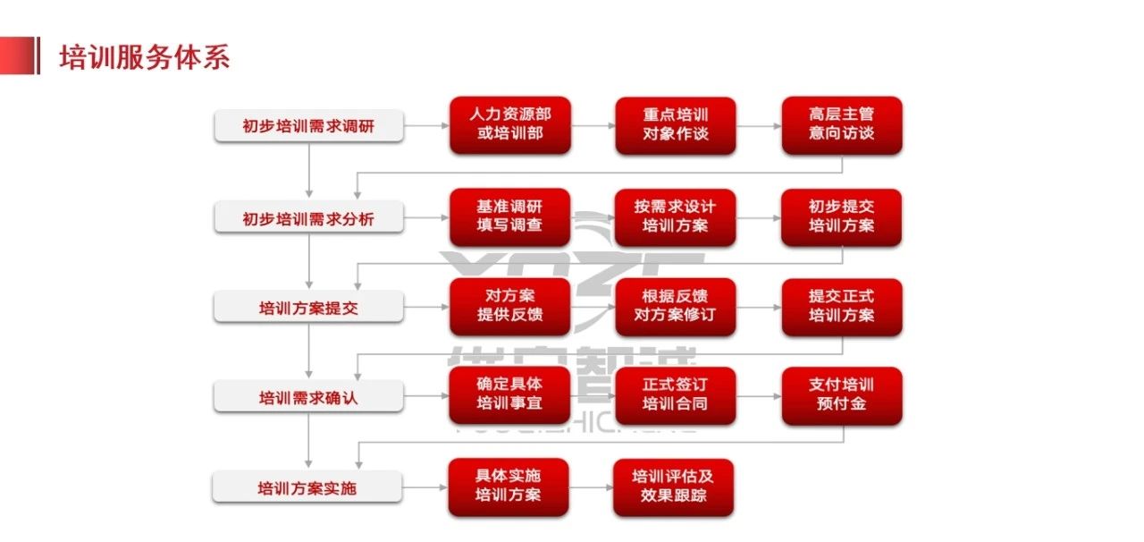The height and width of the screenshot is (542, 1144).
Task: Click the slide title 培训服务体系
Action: [144, 57]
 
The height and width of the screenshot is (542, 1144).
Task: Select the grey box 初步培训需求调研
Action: [308, 126]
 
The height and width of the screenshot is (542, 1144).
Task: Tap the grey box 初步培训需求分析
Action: [308, 218]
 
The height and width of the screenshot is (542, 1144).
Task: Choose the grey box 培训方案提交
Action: [308, 309]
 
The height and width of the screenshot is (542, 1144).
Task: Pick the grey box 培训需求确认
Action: [308, 398]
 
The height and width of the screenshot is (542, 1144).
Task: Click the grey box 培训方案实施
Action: [308, 488]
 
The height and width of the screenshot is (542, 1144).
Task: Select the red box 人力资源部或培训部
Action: [509, 125]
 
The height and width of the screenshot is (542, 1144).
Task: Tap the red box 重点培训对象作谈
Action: [676, 125]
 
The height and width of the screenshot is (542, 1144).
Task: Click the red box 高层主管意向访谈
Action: [842, 125]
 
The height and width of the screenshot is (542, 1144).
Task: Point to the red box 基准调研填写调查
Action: [509, 216]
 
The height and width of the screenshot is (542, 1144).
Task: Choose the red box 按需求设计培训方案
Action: [676, 216]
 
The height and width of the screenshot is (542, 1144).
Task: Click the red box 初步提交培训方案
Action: [842, 216]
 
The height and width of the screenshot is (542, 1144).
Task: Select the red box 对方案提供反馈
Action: [509, 307]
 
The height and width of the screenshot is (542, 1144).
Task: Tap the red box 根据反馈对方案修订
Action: [676, 307]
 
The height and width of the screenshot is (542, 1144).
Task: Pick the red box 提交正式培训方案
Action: [842, 307]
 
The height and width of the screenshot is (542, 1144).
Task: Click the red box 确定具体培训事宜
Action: [509, 395]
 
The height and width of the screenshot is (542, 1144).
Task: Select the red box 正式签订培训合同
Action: [676, 395]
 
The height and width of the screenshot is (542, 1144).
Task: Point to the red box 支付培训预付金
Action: [842, 395]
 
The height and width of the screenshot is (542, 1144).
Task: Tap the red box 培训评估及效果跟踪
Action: [673, 487]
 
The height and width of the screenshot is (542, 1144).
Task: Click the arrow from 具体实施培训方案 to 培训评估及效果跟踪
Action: [591, 487]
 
